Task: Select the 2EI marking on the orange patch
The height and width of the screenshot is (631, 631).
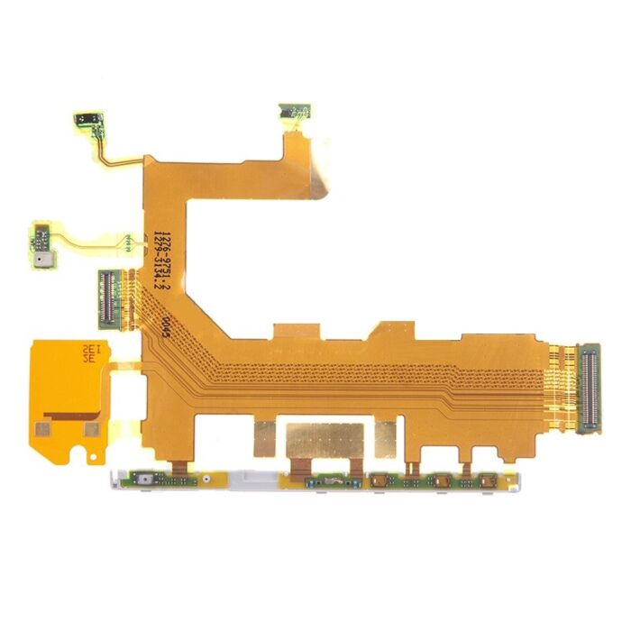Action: (92, 347)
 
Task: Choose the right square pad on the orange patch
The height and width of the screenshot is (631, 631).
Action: (90, 430)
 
